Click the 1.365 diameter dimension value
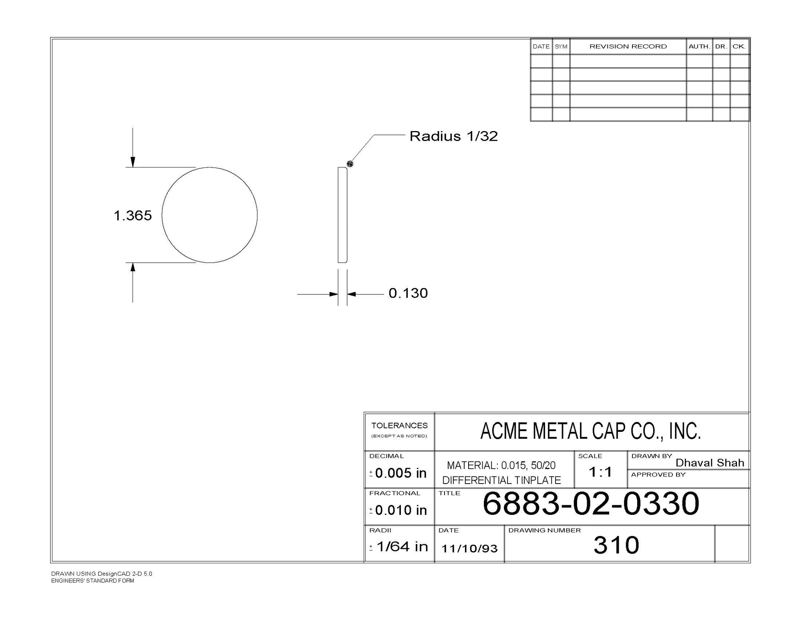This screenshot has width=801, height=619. pyautogui.click(x=133, y=216)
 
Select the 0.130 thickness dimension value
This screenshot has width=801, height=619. pyautogui.click(x=408, y=293)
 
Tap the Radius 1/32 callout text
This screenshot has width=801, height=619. pyautogui.click(x=453, y=136)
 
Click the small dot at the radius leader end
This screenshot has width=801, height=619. pyautogui.click(x=350, y=163)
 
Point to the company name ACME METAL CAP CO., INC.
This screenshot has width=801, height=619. pyautogui.click(x=591, y=431)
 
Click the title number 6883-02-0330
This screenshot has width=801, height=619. pyautogui.click(x=591, y=503)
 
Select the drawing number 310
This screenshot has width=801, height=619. pyautogui.click(x=616, y=545)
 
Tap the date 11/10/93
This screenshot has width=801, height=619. pyautogui.click(x=469, y=548)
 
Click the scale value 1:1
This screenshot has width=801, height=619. pyautogui.click(x=600, y=472)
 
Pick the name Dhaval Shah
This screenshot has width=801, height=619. pyautogui.click(x=710, y=463)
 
